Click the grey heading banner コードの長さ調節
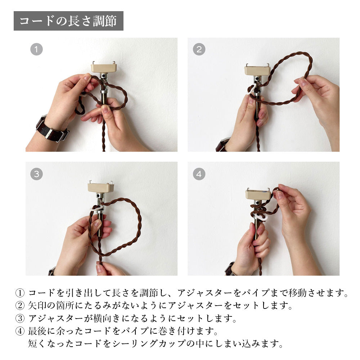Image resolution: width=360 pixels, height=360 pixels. (x=68, y=21)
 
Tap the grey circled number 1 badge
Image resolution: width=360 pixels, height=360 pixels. (x=36, y=49)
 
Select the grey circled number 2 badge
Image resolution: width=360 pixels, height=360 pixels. (x=199, y=49)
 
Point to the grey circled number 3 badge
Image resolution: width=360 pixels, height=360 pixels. (x=36, y=174)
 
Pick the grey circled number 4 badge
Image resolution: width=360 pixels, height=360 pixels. (x=199, y=174)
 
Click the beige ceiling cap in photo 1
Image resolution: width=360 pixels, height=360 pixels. (x=104, y=68)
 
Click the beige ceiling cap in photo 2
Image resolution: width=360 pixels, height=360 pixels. (x=257, y=70)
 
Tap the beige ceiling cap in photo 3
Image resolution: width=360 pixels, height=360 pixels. (x=101, y=187)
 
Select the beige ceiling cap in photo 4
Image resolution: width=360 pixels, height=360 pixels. (x=258, y=194)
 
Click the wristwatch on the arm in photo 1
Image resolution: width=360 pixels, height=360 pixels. (x=52, y=129)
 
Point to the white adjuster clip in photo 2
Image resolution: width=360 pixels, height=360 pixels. (x=251, y=90)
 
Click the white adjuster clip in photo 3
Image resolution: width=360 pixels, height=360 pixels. (x=96, y=208)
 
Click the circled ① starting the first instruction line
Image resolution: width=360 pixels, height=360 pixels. (x=20, y=293)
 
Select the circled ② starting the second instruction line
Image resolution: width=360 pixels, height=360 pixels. (x=20, y=306)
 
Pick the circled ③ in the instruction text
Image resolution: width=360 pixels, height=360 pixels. (x=20, y=319)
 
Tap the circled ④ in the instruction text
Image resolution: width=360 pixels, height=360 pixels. (x=20, y=331)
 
